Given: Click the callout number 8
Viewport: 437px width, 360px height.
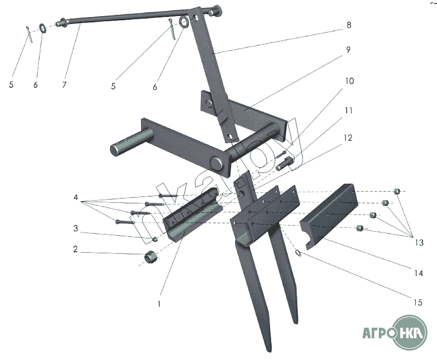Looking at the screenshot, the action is coord(349,25).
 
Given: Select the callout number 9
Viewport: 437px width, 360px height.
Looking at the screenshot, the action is coord(348,50).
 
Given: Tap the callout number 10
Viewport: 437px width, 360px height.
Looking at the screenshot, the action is coord(350,81).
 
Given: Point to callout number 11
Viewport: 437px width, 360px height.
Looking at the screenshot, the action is coord(349,111).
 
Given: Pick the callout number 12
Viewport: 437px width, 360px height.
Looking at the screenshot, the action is coord(348,138).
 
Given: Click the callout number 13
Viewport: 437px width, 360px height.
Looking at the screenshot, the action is coord(419,242).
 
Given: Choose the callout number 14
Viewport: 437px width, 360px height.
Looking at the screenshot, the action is coord(419,273).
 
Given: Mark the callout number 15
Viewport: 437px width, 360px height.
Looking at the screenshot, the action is coord(418,302).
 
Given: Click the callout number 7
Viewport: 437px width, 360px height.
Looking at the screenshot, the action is coord(64,85).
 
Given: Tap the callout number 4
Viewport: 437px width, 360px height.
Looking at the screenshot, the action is coord(76,197).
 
